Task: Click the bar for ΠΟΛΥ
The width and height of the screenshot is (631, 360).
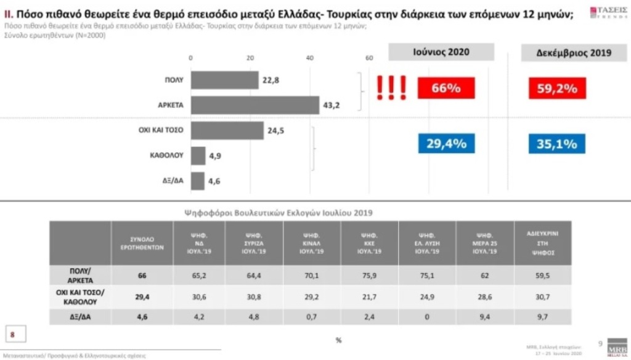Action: tap(224, 80)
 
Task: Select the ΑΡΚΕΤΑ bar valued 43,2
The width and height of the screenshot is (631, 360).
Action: tap(255, 105)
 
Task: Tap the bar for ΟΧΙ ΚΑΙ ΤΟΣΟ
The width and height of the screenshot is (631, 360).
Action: tap(227, 130)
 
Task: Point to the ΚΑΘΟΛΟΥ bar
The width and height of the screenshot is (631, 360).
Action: tap(198, 155)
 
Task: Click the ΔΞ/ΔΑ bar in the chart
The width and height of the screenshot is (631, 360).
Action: tap(197, 181)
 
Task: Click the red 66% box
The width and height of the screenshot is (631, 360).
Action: tap(446, 88)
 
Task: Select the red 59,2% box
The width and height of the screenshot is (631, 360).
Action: tap(556, 88)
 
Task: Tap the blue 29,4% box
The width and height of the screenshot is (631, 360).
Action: tap(446, 144)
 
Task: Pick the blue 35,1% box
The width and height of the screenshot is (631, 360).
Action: tap(556, 144)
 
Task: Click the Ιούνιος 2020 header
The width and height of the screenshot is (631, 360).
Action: tap(441, 52)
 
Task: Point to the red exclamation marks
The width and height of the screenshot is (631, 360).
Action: tap(392, 88)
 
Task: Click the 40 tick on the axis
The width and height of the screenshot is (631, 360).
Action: tap(309, 58)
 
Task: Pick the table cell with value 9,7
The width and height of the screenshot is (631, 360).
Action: tap(542, 318)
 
